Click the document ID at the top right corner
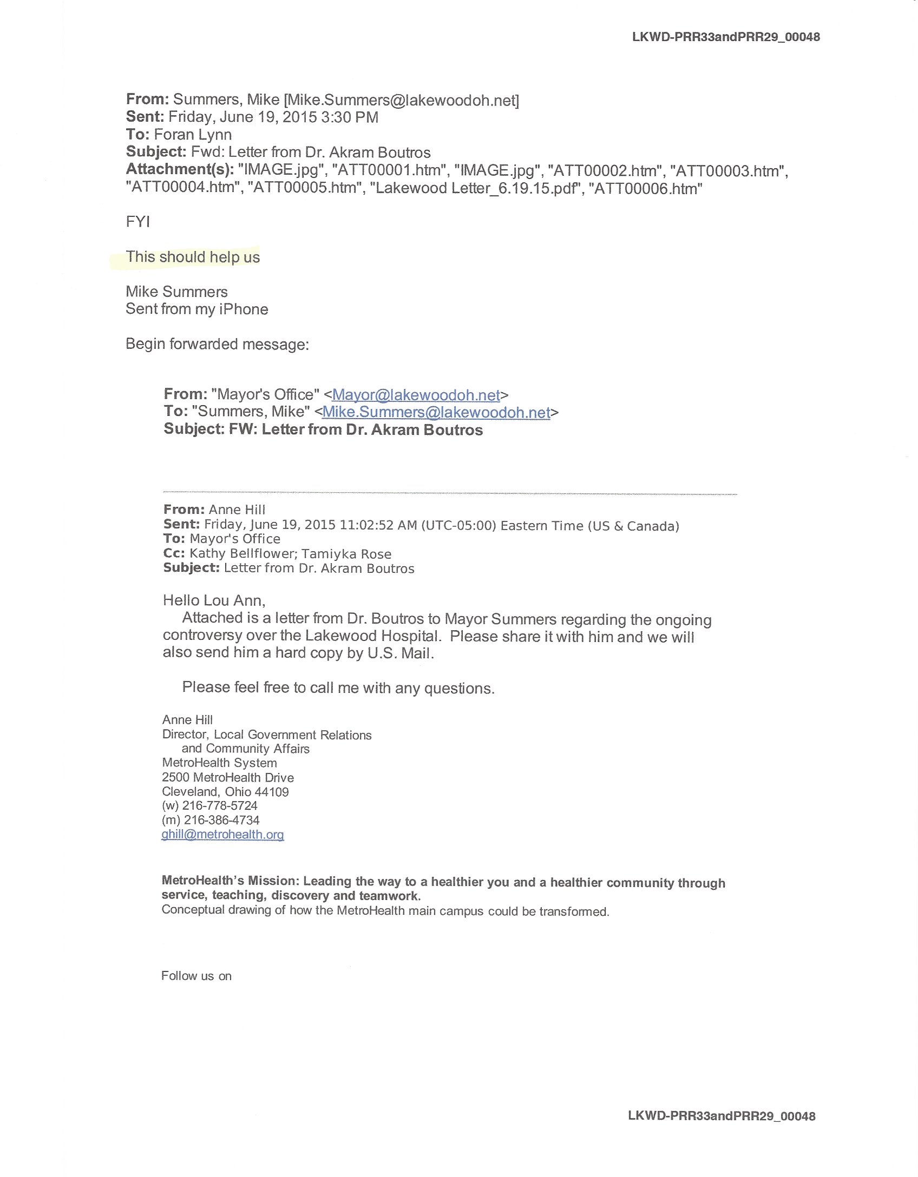point(725,37)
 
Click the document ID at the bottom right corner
point(722,1116)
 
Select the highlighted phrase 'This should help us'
point(193,257)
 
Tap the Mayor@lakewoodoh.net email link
point(416,395)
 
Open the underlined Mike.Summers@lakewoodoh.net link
point(436,412)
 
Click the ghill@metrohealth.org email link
point(222,834)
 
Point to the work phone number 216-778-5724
point(220,805)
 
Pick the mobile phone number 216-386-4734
point(221,820)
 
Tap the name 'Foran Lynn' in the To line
point(193,135)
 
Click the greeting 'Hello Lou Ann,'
point(214,600)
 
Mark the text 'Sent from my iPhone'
point(197,309)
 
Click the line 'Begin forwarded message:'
point(217,345)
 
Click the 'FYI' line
point(138,222)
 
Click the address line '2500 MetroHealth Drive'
point(228,777)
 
